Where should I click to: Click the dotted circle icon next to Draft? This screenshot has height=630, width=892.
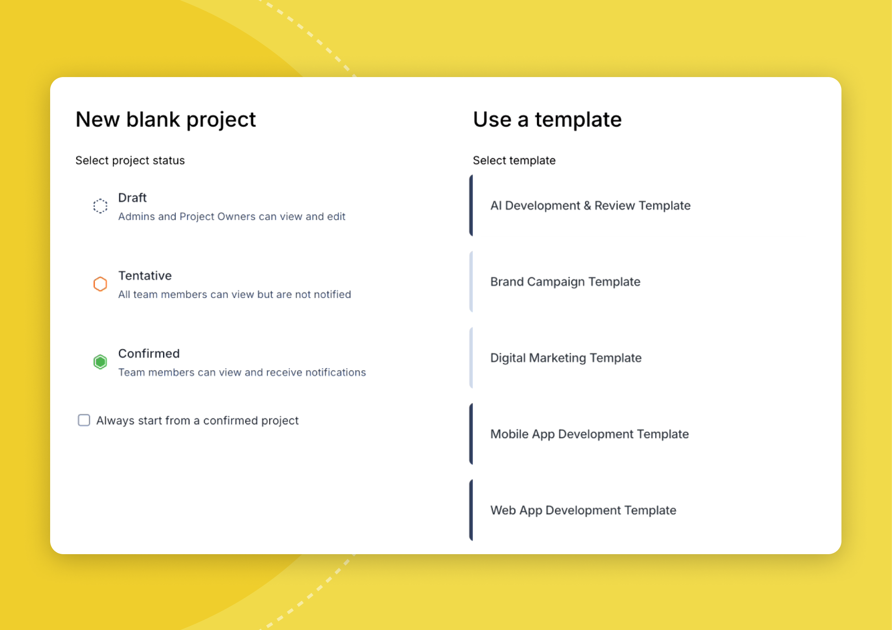pos(100,206)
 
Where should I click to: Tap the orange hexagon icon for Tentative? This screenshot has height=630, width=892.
pos(100,284)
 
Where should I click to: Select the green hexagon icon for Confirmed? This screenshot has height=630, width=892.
pos(100,362)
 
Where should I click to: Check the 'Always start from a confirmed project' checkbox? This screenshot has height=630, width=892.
pos(84,420)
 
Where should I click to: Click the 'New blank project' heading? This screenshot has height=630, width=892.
pos(166,119)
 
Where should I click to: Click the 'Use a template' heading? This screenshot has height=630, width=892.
pos(547,119)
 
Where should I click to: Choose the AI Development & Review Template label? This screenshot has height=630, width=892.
pos(590,206)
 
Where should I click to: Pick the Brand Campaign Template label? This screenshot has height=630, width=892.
pos(565,282)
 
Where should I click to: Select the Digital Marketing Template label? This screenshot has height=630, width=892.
pos(565,358)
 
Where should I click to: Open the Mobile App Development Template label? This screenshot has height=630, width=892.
pos(589,434)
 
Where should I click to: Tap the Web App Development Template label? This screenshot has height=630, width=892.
pos(583,510)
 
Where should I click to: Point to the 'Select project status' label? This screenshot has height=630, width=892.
pos(130,160)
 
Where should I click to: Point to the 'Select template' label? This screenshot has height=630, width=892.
pos(514,160)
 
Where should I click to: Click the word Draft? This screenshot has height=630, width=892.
pos(132,198)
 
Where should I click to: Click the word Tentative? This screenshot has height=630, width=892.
pos(145,276)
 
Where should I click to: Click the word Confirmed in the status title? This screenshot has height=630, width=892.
pos(149,354)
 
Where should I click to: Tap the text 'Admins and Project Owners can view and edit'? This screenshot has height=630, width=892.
pos(232,217)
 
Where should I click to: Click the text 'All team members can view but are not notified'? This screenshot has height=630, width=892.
pos(234,294)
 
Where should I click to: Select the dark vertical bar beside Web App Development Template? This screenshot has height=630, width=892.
pos(471,510)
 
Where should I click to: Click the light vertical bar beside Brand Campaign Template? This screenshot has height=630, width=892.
pos(471,282)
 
